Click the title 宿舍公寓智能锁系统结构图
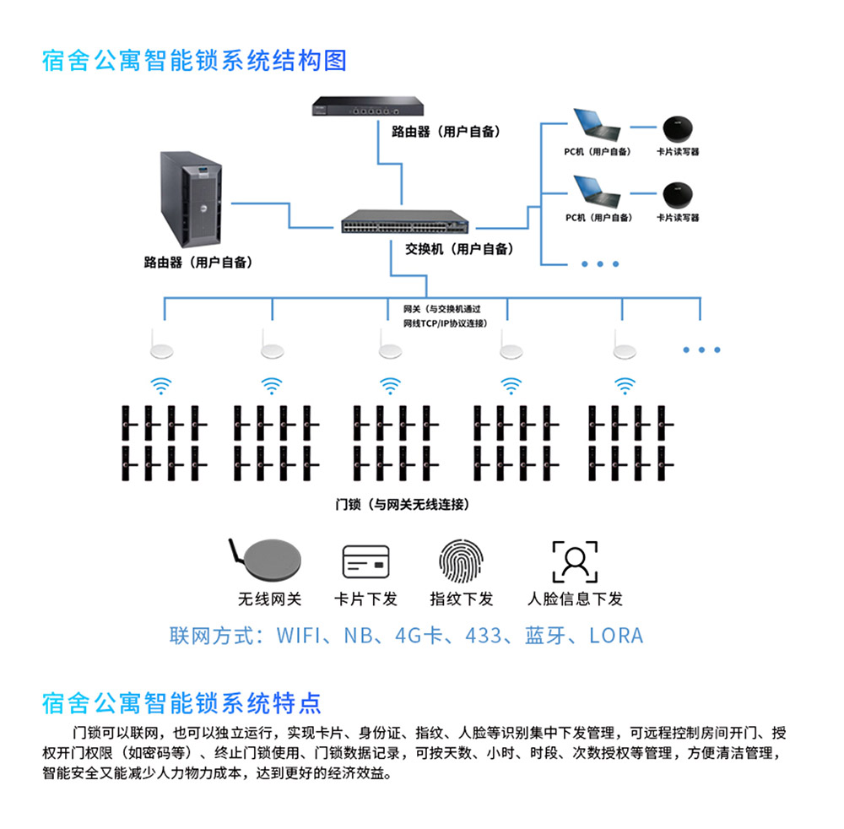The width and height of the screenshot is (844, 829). tap(194, 62)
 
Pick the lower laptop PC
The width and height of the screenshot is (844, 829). tap(597, 193)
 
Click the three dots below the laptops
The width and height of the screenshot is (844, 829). tap(600, 264)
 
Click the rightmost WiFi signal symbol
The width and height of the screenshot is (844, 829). tap(625, 386)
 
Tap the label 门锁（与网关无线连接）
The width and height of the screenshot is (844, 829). tap(402, 505)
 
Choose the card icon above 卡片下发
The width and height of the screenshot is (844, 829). tap(366, 561)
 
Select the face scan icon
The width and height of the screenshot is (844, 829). tap(575, 561)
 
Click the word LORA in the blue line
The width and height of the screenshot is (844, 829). tap(616, 636)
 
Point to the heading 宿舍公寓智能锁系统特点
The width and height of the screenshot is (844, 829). tap(181, 702)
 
